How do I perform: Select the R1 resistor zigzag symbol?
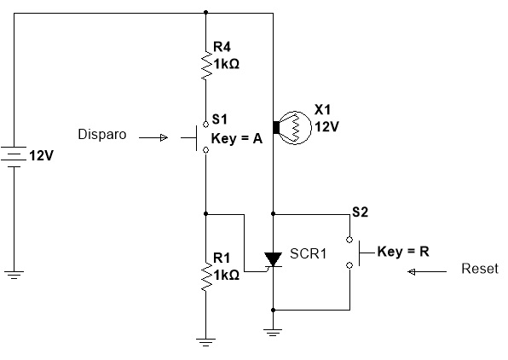pos(206,276)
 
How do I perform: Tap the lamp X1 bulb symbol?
pos(292,127)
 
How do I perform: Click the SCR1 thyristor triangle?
pos(273,259)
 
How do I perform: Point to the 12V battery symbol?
pos(14,157)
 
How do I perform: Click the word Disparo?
pos(102,134)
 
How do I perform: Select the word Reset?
pos(480,269)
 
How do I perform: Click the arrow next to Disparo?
pos(153,138)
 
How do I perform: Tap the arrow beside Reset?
pos(427,272)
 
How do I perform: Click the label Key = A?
pos(236,139)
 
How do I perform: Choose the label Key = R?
pos(403,252)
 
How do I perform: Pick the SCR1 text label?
pos(308,253)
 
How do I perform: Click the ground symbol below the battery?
pos(14,275)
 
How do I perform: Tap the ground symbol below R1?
pos(205,342)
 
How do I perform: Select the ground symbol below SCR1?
pos(273,333)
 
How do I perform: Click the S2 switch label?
pos(361,212)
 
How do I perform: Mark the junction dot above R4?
pos(205,13)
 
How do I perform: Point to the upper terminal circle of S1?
pos(205,125)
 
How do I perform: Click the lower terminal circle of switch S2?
pos(349,265)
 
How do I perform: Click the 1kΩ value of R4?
pos(226,64)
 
